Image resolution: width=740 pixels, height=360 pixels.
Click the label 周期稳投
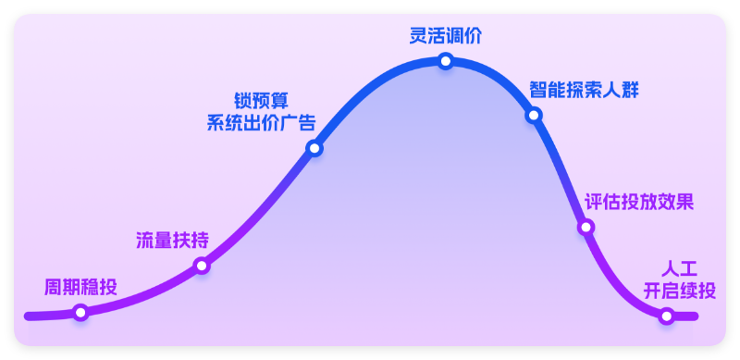tap(80, 287)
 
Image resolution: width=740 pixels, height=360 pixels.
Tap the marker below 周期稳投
tap(80, 313)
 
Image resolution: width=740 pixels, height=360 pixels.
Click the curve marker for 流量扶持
tap(202, 267)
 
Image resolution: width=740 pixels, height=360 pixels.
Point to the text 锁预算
tap(262, 101)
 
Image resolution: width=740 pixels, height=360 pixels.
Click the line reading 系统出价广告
tap(262, 123)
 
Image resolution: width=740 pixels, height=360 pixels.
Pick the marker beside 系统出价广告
tap(314, 148)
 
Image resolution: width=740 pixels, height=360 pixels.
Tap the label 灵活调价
tap(446, 36)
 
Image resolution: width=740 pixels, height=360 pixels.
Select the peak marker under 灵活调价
tap(446, 61)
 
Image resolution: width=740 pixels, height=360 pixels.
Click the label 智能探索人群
tap(585, 91)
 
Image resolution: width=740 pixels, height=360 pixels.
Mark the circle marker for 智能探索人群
tap(534, 116)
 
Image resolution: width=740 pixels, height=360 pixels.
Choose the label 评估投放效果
tap(639, 202)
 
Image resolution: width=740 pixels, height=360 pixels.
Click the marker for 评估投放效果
tap(586, 227)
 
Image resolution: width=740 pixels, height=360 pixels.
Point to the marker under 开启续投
tap(667, 316)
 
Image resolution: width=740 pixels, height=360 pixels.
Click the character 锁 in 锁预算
tap(243, 101)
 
